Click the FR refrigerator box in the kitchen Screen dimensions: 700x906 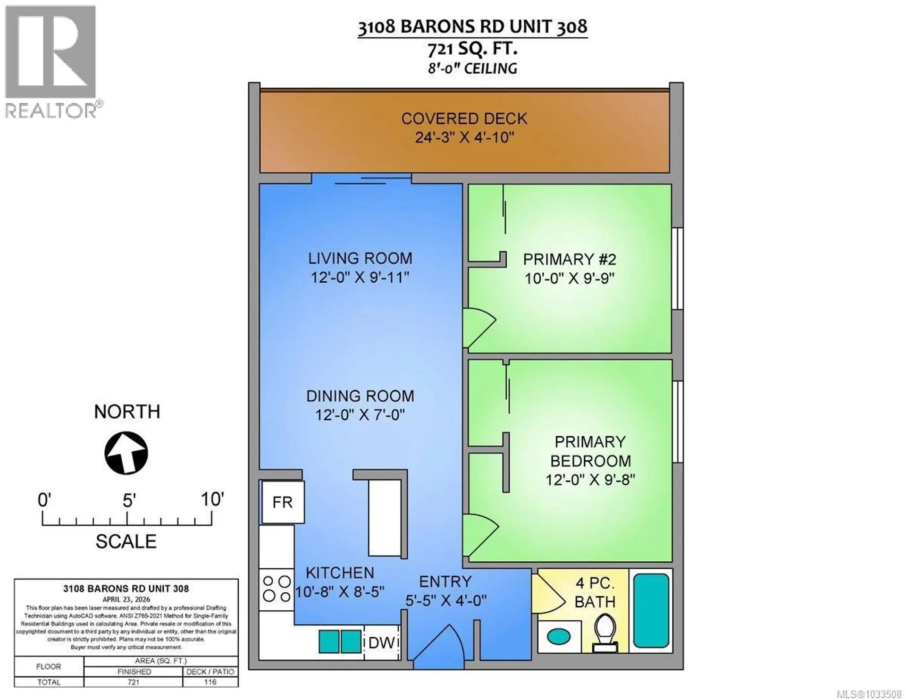click(x=283, y=502)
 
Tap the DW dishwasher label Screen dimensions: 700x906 click(x=381, y=642)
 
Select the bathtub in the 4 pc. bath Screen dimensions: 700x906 click(x=651, y=610)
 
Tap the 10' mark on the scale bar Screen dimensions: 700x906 click(x=212, y=499)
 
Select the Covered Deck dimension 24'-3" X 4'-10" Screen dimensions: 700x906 click(x=464, y=137)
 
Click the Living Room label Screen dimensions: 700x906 click(x=360, y=258)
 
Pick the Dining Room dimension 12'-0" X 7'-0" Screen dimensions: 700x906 click(x=360, y=415)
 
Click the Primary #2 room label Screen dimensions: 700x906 click(x=570, y=260)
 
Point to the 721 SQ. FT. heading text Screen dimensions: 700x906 click(x=472, y=48)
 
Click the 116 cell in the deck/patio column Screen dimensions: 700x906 click(x=210, y=682)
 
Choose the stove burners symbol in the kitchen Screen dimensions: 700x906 click(x=277, y=589)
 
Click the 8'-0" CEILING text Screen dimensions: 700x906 click(x=472, y=68)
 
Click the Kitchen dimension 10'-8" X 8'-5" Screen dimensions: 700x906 click(x=340, y=591)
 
